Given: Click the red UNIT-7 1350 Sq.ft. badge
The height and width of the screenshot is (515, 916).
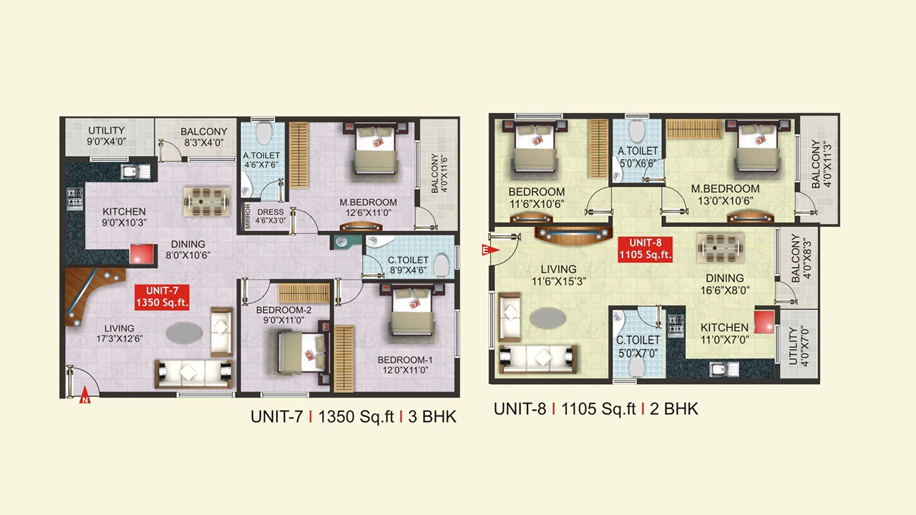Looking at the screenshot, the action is tap(162, 297).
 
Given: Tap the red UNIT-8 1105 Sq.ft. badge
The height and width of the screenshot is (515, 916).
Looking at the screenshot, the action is tap(645, 249).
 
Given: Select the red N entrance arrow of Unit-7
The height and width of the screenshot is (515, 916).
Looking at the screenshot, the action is tap(84, 395).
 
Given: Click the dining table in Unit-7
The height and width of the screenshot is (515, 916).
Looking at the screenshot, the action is tap(206, 202).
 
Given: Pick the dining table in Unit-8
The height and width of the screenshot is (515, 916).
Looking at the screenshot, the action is tap(720, 247).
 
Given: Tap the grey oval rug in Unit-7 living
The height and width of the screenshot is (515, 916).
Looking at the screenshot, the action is tap(184, 333).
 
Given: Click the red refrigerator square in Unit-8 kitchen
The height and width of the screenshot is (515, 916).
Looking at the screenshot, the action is tap(764, 322).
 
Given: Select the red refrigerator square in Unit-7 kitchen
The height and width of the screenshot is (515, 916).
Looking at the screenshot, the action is tap(142, 254).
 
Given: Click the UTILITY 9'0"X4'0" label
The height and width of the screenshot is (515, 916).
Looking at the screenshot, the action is tap(107, 136).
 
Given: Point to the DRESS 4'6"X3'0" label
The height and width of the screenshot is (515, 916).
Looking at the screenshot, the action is tap(271, 216).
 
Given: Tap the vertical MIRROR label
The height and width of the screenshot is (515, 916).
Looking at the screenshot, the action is tap(248, 216).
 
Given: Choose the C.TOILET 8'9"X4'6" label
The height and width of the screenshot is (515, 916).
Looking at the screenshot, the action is tap(408, 265).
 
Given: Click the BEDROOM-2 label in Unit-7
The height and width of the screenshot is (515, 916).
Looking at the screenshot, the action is tap(284, 310).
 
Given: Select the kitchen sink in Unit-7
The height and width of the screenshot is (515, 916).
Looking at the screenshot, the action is tap(135, 172).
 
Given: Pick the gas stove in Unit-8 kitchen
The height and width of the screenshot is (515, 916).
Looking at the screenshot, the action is tap(675, 325).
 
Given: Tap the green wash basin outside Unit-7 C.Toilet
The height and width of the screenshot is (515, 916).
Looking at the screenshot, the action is tap(342, 242).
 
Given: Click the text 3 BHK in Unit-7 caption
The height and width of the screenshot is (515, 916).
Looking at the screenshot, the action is tap(432, 416).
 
